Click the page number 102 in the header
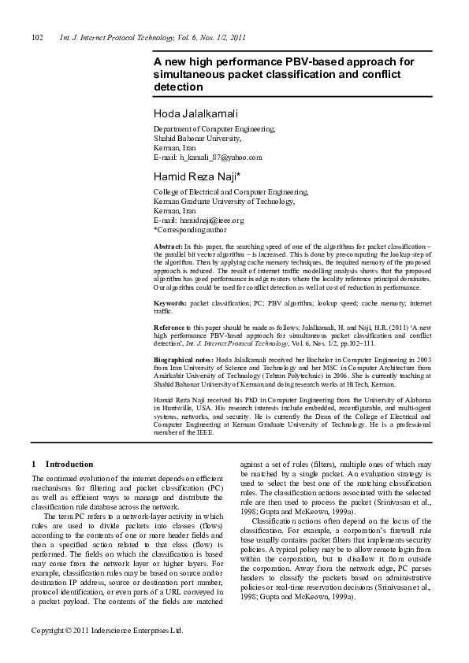(x=35, y=37)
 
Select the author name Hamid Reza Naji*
(x=197, y=176)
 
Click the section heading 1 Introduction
(x=62, y=465)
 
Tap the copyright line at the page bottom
(x=107, y=653)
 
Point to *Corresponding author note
(x=190, y=231)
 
